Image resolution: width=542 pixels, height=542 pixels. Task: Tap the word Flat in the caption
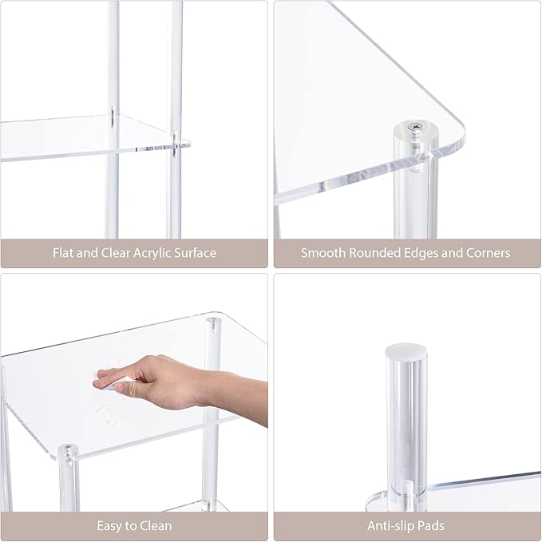coord(63,253)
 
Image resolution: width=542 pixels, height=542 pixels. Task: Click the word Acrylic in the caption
coord(152,253)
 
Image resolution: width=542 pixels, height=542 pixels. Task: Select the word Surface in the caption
coord(195,253)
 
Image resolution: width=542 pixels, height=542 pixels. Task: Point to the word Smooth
coord(322,253)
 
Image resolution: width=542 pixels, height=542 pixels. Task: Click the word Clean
coord(156,526)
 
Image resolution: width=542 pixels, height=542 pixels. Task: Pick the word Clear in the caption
coord(116,253)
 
